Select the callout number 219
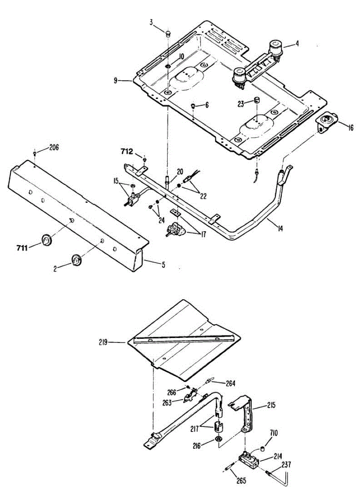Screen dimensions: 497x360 click(103, 342)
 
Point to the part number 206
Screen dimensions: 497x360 click(54, 147)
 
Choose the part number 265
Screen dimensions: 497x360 click(241, 481)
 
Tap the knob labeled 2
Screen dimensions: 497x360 click(76, 260)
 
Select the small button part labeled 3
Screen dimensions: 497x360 click(168, 33)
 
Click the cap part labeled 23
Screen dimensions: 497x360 click(256, 100)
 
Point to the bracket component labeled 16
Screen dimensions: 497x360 click(326, 121)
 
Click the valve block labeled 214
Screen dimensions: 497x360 click(249, 460)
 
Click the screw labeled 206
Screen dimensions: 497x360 click(35, 154)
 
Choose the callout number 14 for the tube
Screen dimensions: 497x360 click(280, 227)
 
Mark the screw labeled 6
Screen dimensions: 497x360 click(193, 107)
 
